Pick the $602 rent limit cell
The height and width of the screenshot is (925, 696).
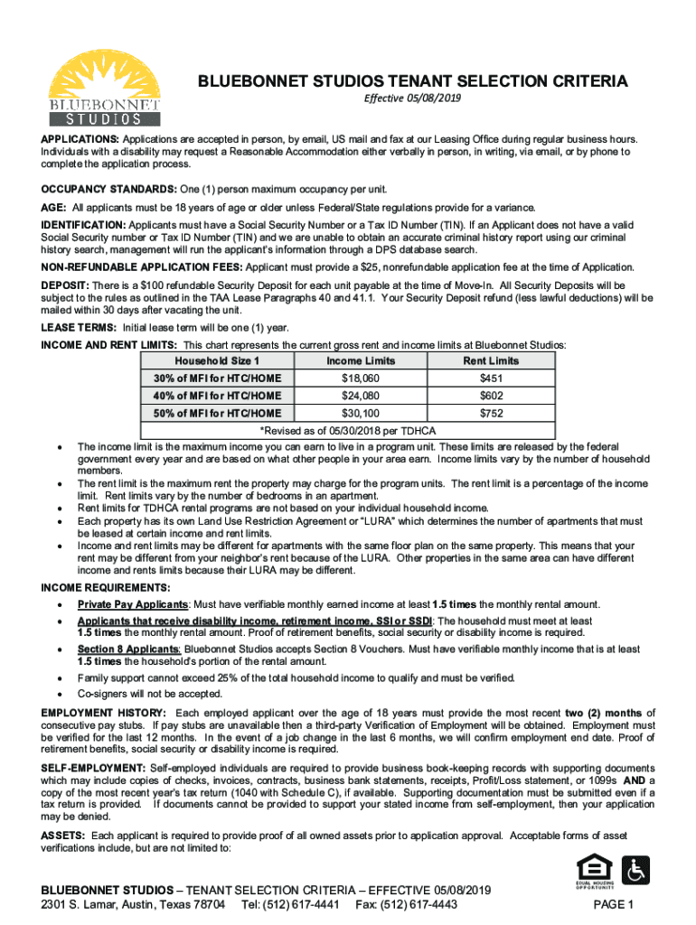click(491, 395)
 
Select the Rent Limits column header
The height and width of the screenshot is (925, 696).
click(491, 360)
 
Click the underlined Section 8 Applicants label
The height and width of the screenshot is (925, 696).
click(128, 649)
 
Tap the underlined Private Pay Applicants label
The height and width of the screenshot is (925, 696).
click(133, 603)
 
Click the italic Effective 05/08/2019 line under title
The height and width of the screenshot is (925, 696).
click(412, 98)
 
